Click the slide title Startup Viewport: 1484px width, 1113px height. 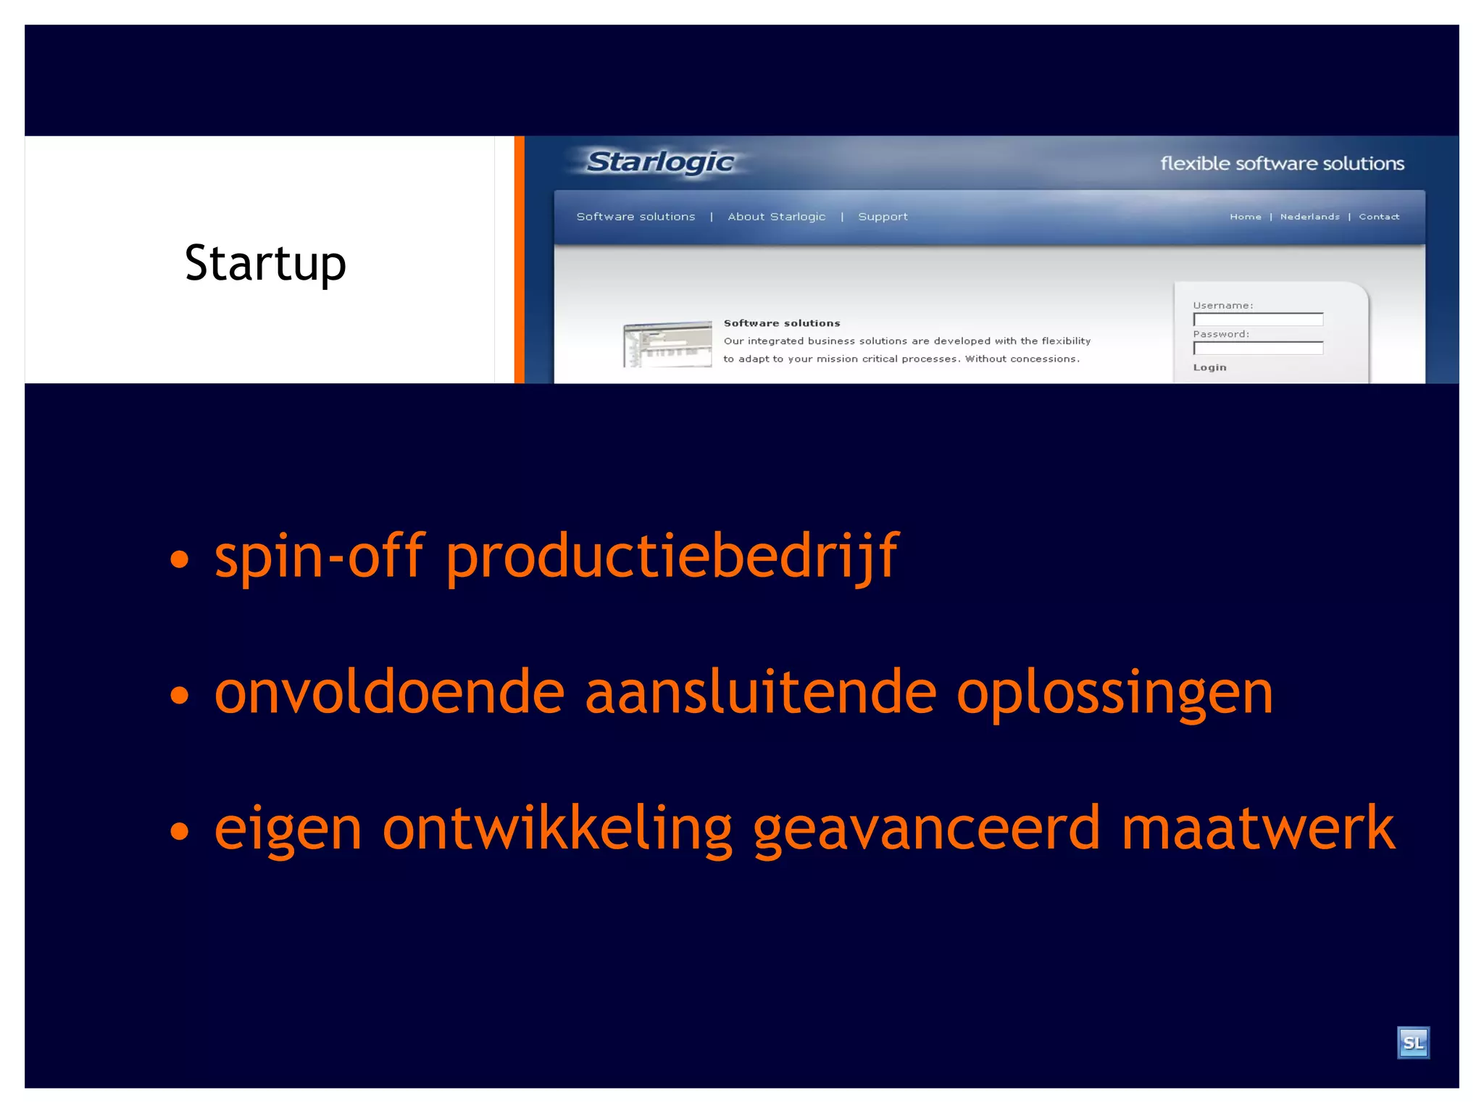click(x=265, y=263)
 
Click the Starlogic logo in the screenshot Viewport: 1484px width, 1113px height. click(x=659, y=162)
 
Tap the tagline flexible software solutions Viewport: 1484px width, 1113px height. click(x=1282, y=164)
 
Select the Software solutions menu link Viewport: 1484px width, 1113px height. click(x=635, y=217)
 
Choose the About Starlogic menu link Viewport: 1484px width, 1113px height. click(x=776, y=217)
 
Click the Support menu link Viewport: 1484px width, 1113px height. click(x=883, y=217)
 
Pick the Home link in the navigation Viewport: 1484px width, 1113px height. click(x=1245, y=217)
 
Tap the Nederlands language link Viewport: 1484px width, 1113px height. click(x=1309, y=217)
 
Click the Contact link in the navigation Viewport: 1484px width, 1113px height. click(x=1379, y=217)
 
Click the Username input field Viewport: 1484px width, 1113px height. click(x=1258, y=320)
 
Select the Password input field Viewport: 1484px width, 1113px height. click(x=1258, y=349)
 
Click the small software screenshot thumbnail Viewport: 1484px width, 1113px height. click(x=667, y=344)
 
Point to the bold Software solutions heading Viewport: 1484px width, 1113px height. click(x=782, y=323)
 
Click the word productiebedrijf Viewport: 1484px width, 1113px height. click(x=672, y=557)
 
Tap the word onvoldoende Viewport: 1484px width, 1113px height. click(x=389, y=692)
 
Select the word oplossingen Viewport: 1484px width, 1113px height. click(x=1114, y=693)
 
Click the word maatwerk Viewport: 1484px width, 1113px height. click(x=1257, y=828)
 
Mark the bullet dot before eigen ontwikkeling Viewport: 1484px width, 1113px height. click(x=179, y=830)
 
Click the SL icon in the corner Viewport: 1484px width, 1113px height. click(x=1413, y=1043)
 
